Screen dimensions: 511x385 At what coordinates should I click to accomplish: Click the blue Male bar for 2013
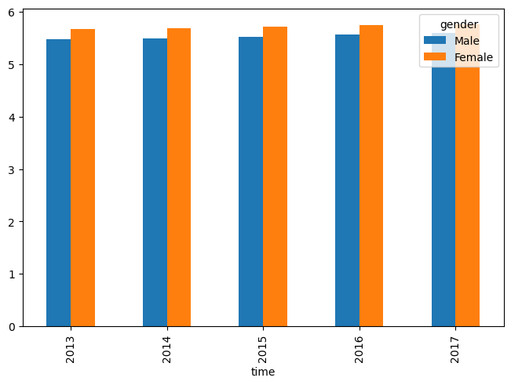click(x=58, y=183)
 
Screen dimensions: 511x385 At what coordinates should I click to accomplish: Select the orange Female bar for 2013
click(x=82, y=178)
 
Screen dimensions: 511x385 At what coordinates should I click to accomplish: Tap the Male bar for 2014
click(x=155, y=182)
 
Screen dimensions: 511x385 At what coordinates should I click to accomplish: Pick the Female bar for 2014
click(x=179, y=177)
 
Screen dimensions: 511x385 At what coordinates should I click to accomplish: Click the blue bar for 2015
click(x=250, y=182)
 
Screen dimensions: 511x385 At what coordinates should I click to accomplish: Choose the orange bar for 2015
click(x=275, y=176)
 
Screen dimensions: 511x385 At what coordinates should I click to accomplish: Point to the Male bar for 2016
click(x=347, y=180)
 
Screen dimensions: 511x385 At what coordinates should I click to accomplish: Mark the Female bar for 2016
click(x=371, y=176)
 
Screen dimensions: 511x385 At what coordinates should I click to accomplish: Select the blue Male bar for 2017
click(x=443, y=180)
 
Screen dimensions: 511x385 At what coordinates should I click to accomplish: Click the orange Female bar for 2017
click(x=467, y=175)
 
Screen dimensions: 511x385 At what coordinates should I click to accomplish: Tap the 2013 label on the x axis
click(x=70, y=350)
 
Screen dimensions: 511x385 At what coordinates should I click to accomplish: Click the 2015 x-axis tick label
click(x=262, y=350)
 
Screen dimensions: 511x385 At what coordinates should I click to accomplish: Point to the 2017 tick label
click(x=454, y=350)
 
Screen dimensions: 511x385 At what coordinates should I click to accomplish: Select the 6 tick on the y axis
click(x=12, y=13)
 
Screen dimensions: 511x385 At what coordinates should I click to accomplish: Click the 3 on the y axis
click(x=12, y=169)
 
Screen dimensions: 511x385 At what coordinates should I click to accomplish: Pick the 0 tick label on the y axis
click(x=12, y=327)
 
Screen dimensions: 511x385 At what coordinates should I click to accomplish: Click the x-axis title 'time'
click(x=263, y=372)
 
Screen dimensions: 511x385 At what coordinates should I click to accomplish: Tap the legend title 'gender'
click(x=459, y=25)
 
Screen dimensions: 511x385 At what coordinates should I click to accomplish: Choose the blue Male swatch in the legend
click(x=434, y=40)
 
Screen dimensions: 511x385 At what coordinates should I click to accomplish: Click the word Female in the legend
click(x=473, y=57)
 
